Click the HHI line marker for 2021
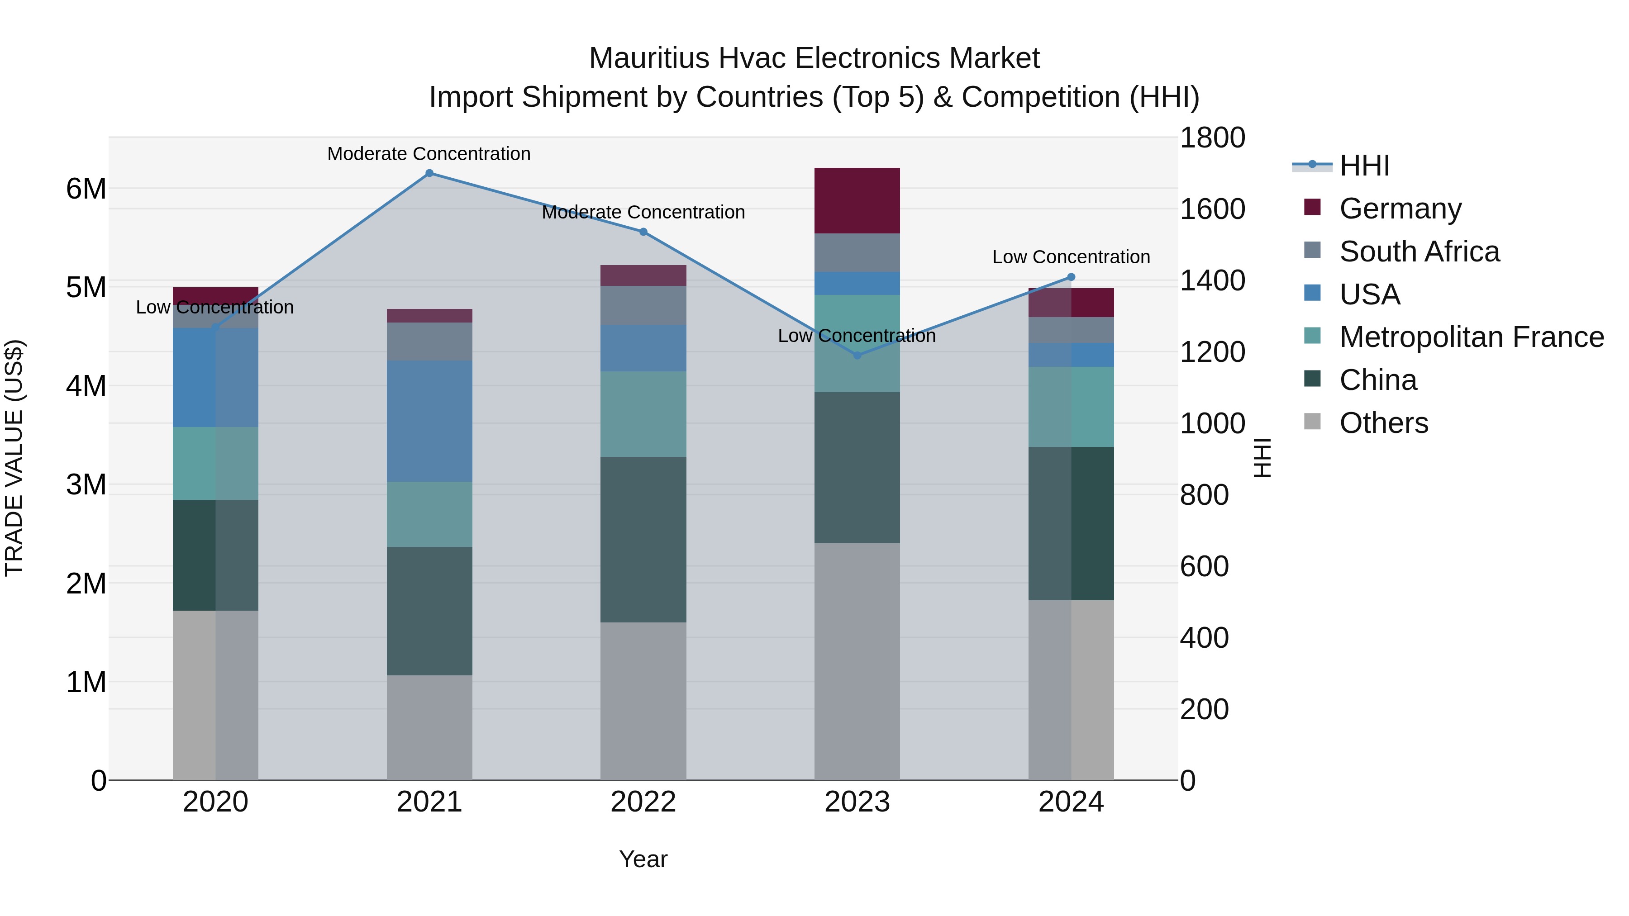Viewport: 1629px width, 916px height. point(429,173)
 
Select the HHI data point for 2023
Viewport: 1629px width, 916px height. point(857,355)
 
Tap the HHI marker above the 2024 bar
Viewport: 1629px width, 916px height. point(1071,277)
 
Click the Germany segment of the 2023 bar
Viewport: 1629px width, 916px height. point(857,200)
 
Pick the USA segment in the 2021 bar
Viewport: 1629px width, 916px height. point(429,421)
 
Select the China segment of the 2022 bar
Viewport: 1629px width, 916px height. point(643,539)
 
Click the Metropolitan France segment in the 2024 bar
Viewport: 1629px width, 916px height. point(1071,407)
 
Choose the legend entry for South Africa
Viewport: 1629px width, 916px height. point(1419,252)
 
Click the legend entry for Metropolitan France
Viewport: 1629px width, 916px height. point(1471,337)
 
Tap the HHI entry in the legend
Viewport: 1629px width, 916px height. point(1364,166)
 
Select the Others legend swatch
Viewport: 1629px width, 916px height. point(1312,422)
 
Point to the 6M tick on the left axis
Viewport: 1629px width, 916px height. point(86,188)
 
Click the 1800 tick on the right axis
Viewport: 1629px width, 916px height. point(1212,138)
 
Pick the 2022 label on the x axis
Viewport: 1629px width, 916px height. point(643,802)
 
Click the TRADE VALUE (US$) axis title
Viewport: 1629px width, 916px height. point(14,458)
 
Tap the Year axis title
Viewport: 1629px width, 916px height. point(643,859)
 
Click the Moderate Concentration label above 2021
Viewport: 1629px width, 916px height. point(429,154)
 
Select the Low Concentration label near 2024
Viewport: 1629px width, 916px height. point(1071,257)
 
